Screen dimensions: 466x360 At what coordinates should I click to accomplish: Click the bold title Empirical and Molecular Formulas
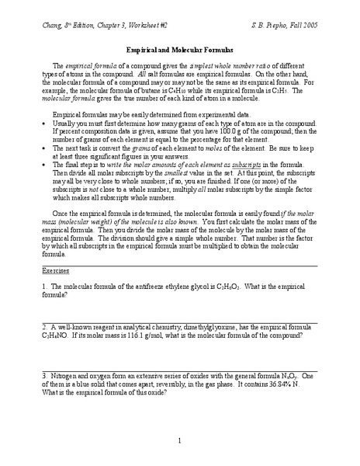coord(179,48)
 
